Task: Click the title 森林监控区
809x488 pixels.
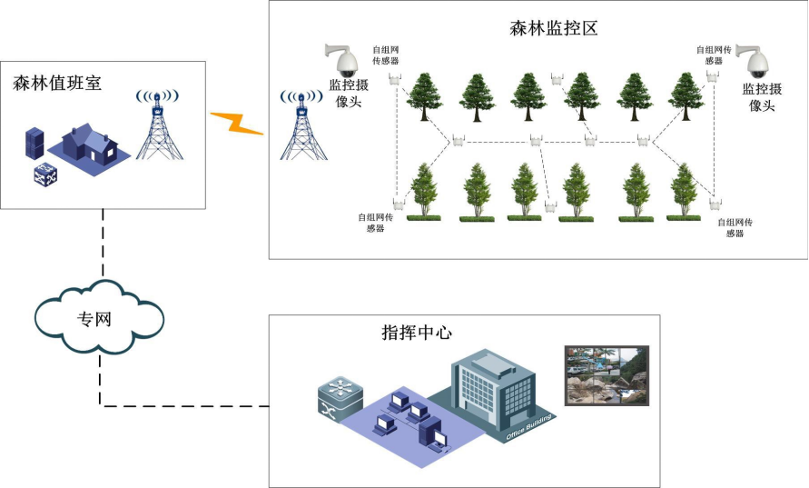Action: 554,28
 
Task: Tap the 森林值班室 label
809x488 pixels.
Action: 56,84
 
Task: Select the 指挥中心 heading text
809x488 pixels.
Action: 418,333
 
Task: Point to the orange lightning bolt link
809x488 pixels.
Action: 236,123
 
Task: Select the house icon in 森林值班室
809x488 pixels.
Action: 89,144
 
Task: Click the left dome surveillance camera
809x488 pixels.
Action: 342,59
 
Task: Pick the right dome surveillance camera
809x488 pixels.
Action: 753,61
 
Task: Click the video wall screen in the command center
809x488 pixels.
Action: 607,375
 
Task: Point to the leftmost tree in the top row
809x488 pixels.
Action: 423,96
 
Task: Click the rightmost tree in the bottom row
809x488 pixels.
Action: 683,191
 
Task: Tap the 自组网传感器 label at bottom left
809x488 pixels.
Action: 375,223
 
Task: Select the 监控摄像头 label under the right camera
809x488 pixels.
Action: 762,97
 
